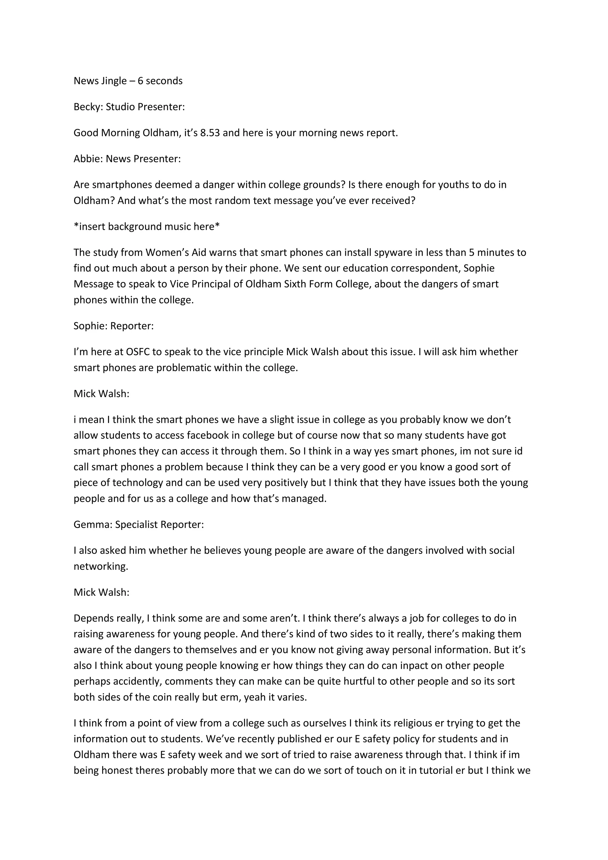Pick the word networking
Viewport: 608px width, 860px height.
coord(100,566)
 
